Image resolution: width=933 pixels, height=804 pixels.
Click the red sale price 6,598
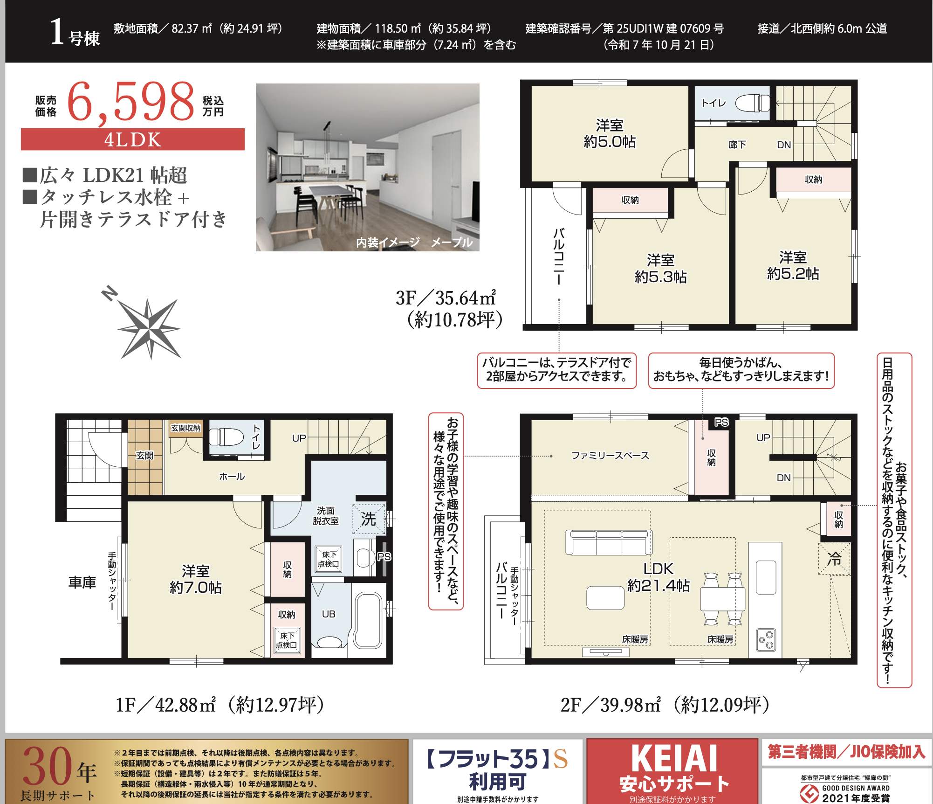click(x=131, y=102)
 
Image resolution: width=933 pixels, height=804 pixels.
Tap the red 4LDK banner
click(x=133, y=139)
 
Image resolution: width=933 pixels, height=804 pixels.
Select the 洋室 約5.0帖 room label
click(x=610, y=133)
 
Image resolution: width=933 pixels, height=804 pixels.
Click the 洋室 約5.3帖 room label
click(x=660, y=268)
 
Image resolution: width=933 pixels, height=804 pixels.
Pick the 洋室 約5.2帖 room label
click(x=793, y=265)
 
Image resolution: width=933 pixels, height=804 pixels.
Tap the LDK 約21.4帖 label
click(x=659, y=577)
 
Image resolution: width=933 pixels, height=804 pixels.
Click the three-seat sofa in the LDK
click(x=609, y=542)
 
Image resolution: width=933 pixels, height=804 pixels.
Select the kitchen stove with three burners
click(x=766, y=639)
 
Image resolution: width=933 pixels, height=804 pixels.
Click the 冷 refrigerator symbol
click(x=834, y=558)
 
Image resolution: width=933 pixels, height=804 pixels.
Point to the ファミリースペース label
click(x=610, y=455)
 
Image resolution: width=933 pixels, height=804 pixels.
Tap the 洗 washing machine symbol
click(x=369, y=519)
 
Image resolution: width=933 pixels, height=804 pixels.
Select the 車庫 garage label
click(x=82, y=582)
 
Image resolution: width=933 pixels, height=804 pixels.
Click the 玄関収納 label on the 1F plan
click(x=185, y=428)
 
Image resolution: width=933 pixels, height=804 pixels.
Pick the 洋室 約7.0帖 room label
click(x=196, y=579)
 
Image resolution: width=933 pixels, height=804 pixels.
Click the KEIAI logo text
click(x=674, y=759)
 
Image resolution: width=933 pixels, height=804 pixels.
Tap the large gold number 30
click(x=47, y=767)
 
